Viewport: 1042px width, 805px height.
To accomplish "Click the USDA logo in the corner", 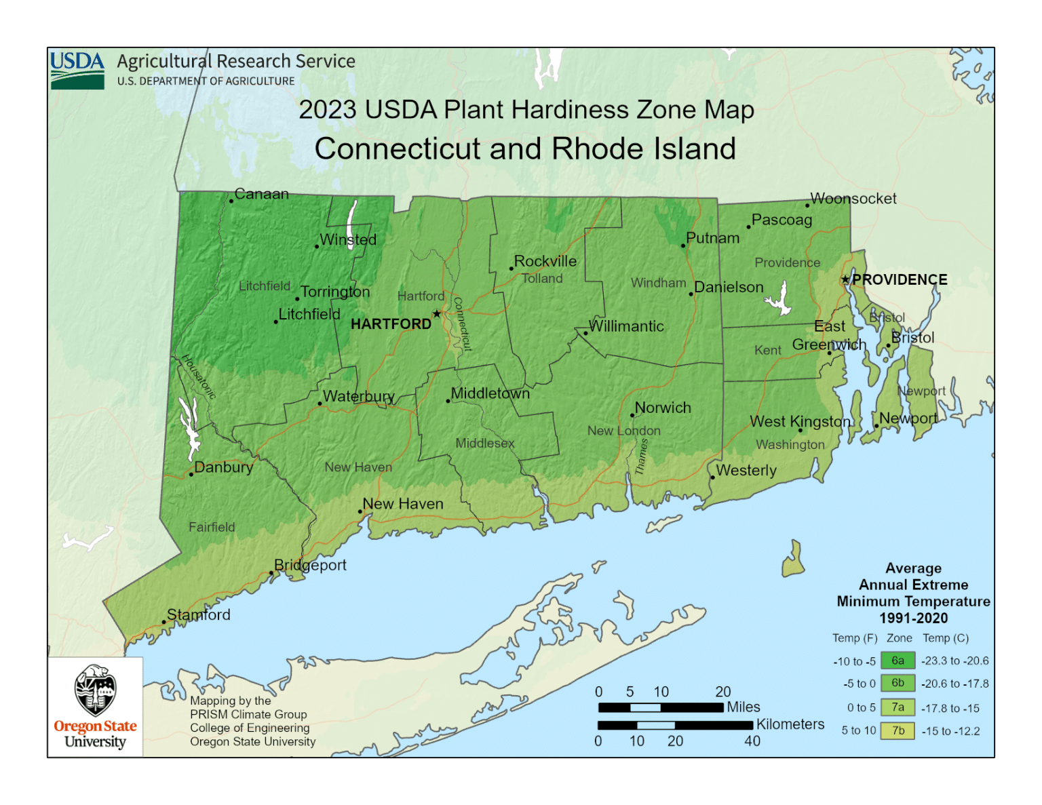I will tap(77, 70).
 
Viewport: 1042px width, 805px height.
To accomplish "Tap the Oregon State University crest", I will tap(95, 690).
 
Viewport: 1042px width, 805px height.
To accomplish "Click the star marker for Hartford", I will tap(437, 313).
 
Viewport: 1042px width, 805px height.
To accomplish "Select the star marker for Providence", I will tap(845, 279).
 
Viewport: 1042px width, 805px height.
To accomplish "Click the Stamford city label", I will tap(198, 614).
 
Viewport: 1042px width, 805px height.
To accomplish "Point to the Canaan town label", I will tap(261, 194).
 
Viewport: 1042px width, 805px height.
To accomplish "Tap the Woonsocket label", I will tap(853, 199).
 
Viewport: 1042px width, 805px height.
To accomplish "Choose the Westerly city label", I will tap(746, 470).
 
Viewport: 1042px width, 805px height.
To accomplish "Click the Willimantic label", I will tap(626, 326).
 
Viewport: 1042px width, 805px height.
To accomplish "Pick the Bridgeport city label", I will tap(310, 565).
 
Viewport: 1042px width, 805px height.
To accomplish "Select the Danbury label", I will tap(223, 467).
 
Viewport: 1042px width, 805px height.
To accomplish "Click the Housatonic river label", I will tap(198, 377).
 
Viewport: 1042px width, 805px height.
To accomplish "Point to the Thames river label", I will tap(642, 456).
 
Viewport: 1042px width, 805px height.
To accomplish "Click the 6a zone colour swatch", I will tap(898, 661).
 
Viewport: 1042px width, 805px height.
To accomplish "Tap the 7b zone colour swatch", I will tap(898, 731).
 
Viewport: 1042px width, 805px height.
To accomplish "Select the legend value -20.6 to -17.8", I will tap(954, 684).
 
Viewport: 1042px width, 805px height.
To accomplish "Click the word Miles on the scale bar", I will tap(743, 707).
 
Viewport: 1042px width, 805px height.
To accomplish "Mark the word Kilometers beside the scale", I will tap(790, 724).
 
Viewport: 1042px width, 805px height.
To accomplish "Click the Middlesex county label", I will tap(484, 444).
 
